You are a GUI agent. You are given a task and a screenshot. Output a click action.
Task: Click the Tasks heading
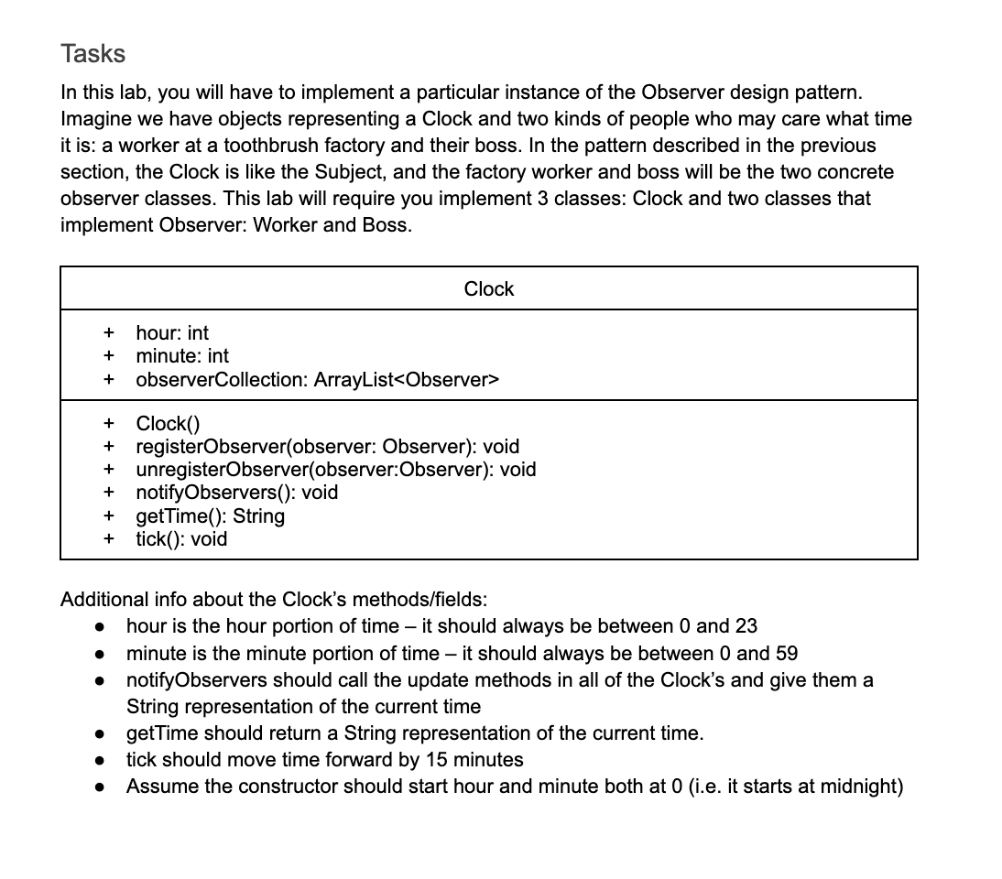[93, 53]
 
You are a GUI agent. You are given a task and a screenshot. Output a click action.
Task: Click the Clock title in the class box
[489, 289]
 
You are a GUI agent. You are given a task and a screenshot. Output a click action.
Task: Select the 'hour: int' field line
[172, 333]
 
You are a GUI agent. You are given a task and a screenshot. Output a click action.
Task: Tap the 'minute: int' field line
[182, 356]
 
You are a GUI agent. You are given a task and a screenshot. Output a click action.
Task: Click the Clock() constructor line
[168, 424]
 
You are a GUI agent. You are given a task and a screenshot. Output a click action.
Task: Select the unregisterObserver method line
[336, 470]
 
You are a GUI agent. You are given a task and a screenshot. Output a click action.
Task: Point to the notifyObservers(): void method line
[237, 493]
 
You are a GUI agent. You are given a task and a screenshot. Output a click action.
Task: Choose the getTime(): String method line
[211, 516]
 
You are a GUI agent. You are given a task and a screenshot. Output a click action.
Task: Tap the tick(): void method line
[181, 539]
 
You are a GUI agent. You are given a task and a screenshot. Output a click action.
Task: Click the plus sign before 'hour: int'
[109, 333]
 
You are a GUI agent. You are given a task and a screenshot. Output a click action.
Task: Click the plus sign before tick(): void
[109, 539]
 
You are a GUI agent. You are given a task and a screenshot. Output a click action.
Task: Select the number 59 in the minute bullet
[786, 654]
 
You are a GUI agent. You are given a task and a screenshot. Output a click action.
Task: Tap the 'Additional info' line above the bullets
[274, 600]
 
